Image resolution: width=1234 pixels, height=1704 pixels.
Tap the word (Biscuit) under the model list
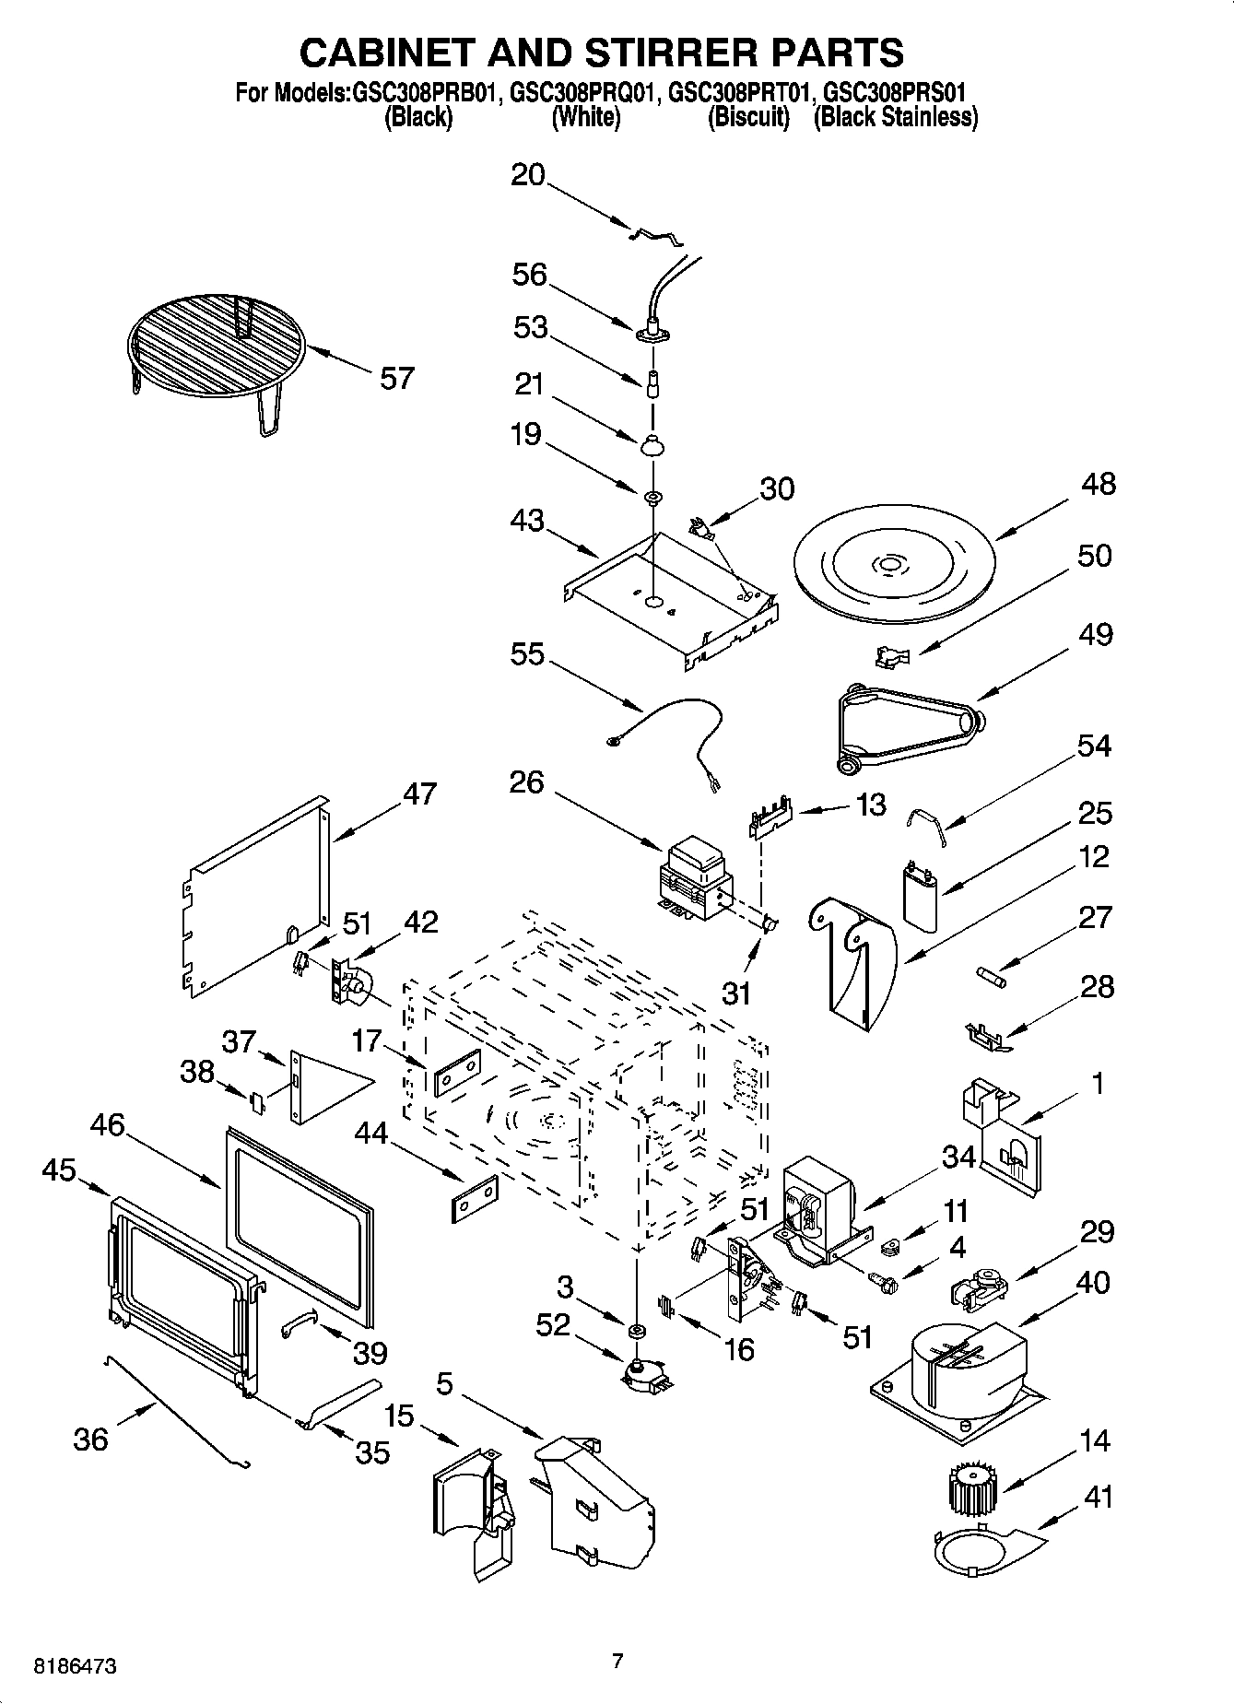coord(748,118)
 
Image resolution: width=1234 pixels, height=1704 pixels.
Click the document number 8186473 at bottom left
coord(76,1666)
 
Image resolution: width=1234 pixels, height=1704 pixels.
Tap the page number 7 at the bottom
coord(617,1661)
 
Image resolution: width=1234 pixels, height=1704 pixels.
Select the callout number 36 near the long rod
coord(90,1439)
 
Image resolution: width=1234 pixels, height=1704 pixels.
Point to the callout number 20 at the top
coord(528,175)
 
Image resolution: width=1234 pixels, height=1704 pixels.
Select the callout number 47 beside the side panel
coord(419,793)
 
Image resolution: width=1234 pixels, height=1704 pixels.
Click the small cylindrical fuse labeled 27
coord(993,975)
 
